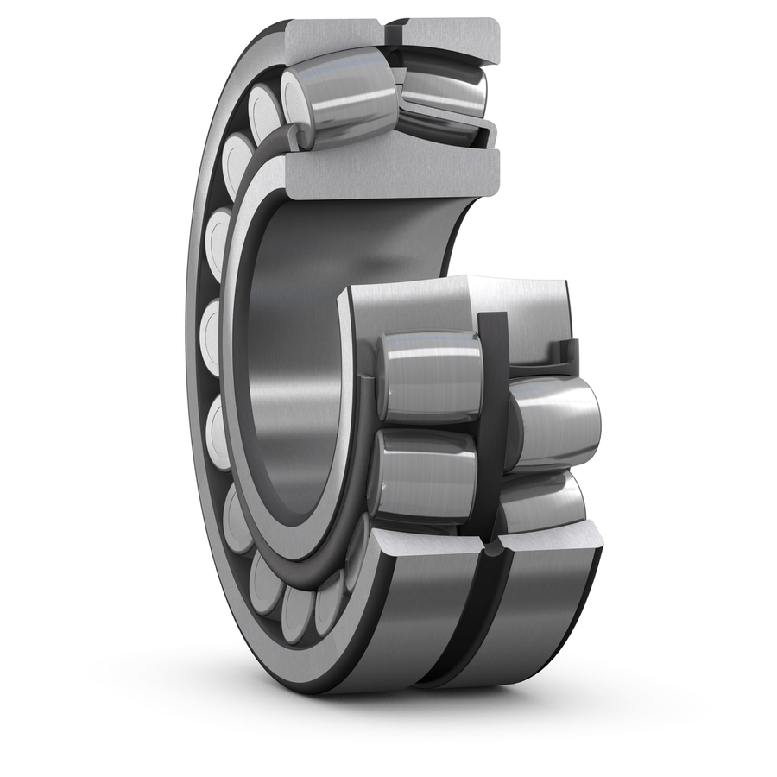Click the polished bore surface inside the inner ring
point(294,345)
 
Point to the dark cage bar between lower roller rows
point(493,432)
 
